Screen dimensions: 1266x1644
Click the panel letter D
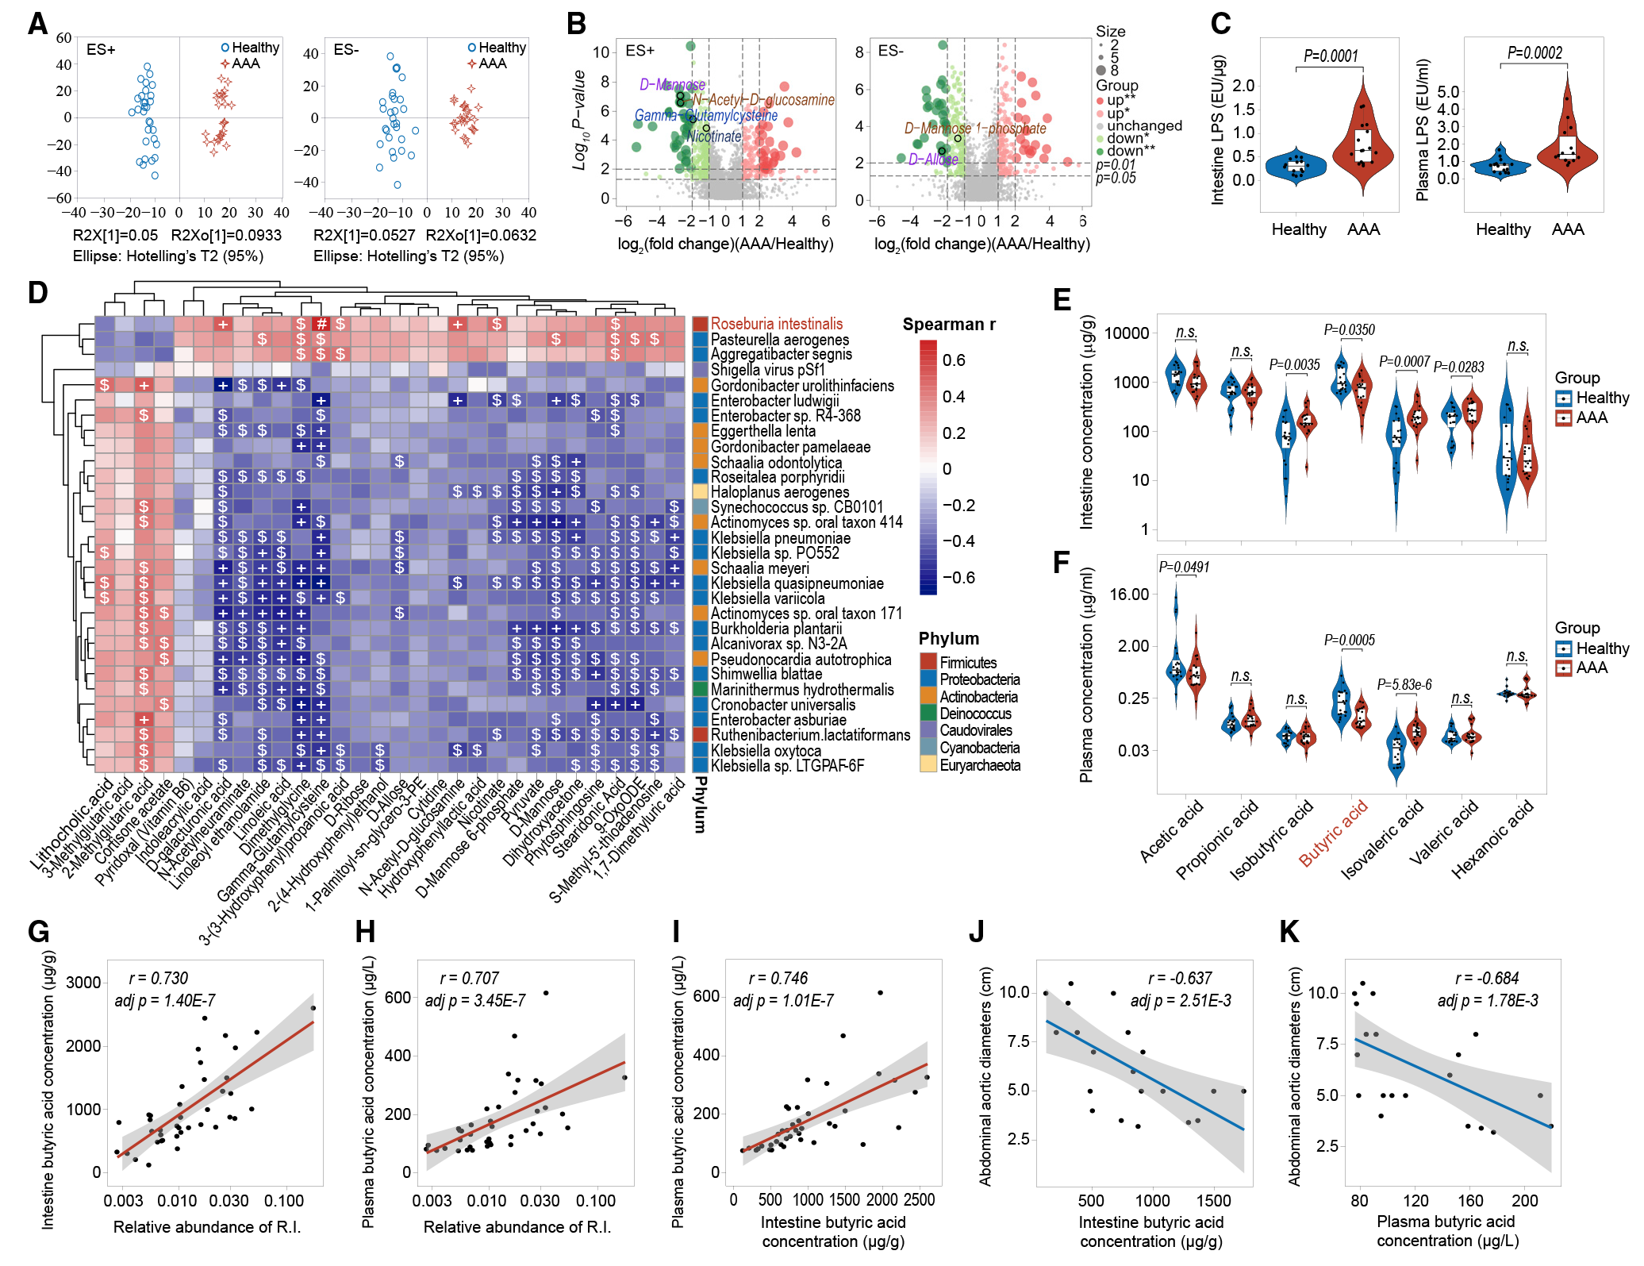click(38, 293)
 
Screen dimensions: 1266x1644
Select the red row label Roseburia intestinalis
click(776, 324)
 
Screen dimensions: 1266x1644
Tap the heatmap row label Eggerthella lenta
click(762, 431)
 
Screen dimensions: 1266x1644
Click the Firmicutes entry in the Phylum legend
click(968, 663)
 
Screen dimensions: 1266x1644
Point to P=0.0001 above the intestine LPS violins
click(1331, 56)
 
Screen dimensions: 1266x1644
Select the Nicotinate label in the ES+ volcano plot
click(713, 137)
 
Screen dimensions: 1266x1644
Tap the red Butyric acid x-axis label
click(1333, 833)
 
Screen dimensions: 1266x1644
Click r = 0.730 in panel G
click(159, 979)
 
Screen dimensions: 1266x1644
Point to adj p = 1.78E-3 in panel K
click(1487, 1001)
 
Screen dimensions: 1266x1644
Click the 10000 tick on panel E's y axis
click(1127, 333)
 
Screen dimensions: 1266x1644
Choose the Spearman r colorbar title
click(948, 325)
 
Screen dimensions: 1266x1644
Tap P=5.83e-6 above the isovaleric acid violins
click(1404, 685)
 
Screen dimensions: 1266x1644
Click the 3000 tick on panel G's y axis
click(83, 983)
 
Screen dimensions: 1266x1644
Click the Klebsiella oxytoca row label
click(766, 751)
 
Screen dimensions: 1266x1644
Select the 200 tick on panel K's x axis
click(1525, 1200)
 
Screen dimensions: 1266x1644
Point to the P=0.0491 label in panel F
click(1184, 568)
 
